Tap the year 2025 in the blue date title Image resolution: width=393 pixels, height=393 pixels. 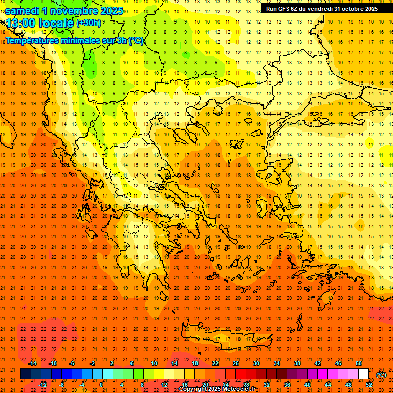(111, 11)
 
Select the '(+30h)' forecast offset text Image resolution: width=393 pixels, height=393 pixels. (89, 23)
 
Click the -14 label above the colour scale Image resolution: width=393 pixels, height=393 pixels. (32, 363)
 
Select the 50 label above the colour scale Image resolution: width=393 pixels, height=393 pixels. (358, 363)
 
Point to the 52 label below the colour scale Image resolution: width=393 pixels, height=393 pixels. (368, 385)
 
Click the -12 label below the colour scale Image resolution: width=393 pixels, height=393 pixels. (42, 385)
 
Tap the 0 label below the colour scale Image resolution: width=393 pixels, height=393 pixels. (101, 385)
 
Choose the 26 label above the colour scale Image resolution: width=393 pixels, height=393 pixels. (236, 363)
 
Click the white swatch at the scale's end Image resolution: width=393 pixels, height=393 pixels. (363, 374)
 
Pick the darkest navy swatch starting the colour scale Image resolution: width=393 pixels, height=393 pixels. (26, 374)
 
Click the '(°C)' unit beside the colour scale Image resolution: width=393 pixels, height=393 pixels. (381, 375)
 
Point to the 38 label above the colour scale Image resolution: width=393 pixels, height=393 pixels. (297, 363)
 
